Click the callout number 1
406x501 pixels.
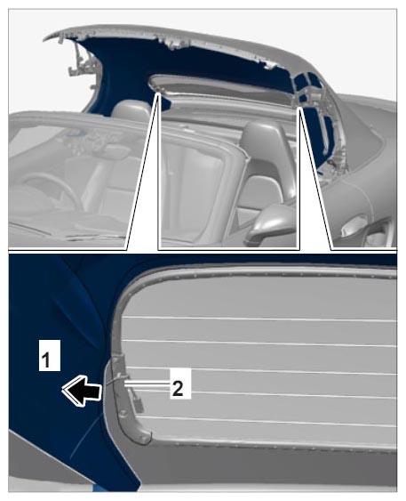click(x=50, y=355)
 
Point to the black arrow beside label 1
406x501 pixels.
click(x=82, y=391)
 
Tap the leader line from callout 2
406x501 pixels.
click(x=147, y=384)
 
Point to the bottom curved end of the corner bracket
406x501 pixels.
click(x=144, y=439)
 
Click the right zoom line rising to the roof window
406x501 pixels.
click(x=315, y=178)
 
